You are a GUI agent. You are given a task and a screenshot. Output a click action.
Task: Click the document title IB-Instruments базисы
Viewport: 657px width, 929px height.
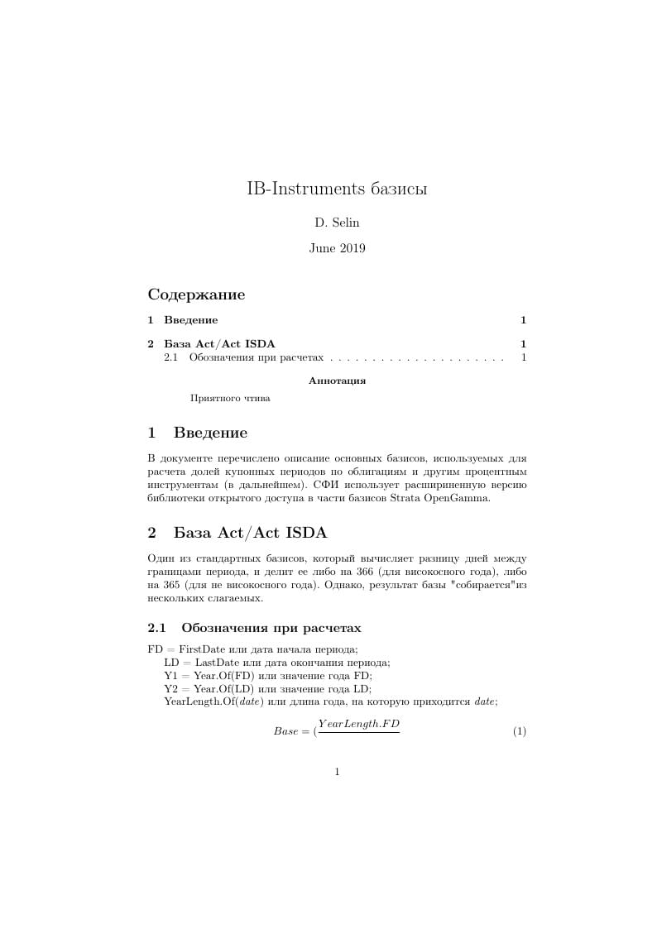coord(337,189)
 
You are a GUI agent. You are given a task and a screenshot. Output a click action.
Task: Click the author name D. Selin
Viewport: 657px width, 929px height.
coord(337,223)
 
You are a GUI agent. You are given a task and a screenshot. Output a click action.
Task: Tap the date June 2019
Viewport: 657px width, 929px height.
coord(337,247)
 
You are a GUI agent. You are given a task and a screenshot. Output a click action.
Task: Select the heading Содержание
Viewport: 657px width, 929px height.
coord(196,295)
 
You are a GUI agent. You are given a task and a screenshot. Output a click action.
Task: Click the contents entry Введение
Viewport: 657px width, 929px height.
coord(191,320)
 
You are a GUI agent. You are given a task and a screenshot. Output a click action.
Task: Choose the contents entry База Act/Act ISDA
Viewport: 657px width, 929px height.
coord(219,344)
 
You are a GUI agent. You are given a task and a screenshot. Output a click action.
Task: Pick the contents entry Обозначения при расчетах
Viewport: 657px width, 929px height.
coord(256,358)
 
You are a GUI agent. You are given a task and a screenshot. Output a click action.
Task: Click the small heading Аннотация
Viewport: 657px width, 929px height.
coord(337,381)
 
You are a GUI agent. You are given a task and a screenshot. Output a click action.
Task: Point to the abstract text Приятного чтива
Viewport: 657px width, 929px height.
coord(230,398)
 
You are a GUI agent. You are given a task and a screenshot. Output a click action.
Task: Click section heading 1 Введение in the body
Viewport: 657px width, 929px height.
coord(197,433)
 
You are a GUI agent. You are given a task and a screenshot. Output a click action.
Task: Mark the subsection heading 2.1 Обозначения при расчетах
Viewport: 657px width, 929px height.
coord(254,627)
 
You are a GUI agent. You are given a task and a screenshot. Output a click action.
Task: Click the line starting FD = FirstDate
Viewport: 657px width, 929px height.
coord(252,649)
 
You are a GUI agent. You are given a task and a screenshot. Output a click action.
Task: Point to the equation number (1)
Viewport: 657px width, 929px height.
coord(520,731)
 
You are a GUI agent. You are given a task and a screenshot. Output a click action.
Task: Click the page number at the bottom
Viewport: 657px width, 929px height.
coord(337,772)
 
